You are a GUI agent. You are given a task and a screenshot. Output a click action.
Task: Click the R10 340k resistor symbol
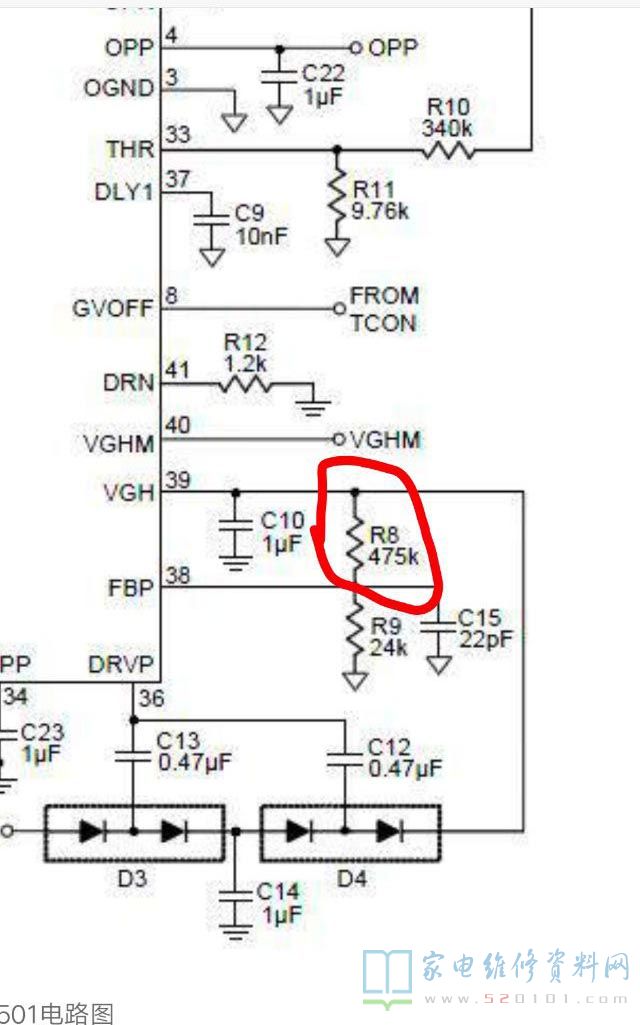(446, 150)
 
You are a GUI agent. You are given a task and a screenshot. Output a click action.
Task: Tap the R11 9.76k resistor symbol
(336, 199)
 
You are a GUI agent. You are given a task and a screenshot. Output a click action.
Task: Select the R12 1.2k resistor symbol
(245, 384)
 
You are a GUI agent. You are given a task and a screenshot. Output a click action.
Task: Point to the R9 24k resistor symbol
(356, 633)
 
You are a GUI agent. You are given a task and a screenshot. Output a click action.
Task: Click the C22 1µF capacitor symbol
(281, 77)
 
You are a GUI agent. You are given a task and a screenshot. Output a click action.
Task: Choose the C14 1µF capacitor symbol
(236, 899)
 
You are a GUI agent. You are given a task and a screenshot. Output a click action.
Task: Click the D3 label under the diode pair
(133, 879)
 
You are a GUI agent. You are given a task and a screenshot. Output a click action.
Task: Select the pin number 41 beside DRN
(177, 370)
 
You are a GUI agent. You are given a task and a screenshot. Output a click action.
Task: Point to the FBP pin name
(131, 588)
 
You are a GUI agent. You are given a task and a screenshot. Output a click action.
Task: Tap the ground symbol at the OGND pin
(234, 121)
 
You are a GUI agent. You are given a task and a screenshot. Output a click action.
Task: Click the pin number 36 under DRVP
(152, 699)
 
